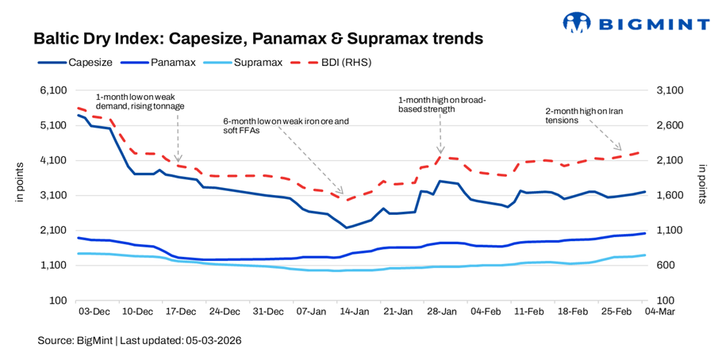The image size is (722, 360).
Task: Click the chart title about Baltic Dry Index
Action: (x=258, y=38)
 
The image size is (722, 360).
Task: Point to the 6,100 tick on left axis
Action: (x=52, y=90)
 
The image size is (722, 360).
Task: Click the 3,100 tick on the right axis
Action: (x=666, y=90)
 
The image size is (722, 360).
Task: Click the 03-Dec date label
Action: (x=94, y=312)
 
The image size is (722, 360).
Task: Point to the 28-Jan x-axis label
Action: (x=440, y=312)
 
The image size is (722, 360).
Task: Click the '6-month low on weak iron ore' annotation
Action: (x=286, y=126)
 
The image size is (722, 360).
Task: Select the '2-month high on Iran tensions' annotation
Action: (x=586, y=115)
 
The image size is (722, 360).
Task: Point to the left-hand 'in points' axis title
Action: (x=21, y=183)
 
